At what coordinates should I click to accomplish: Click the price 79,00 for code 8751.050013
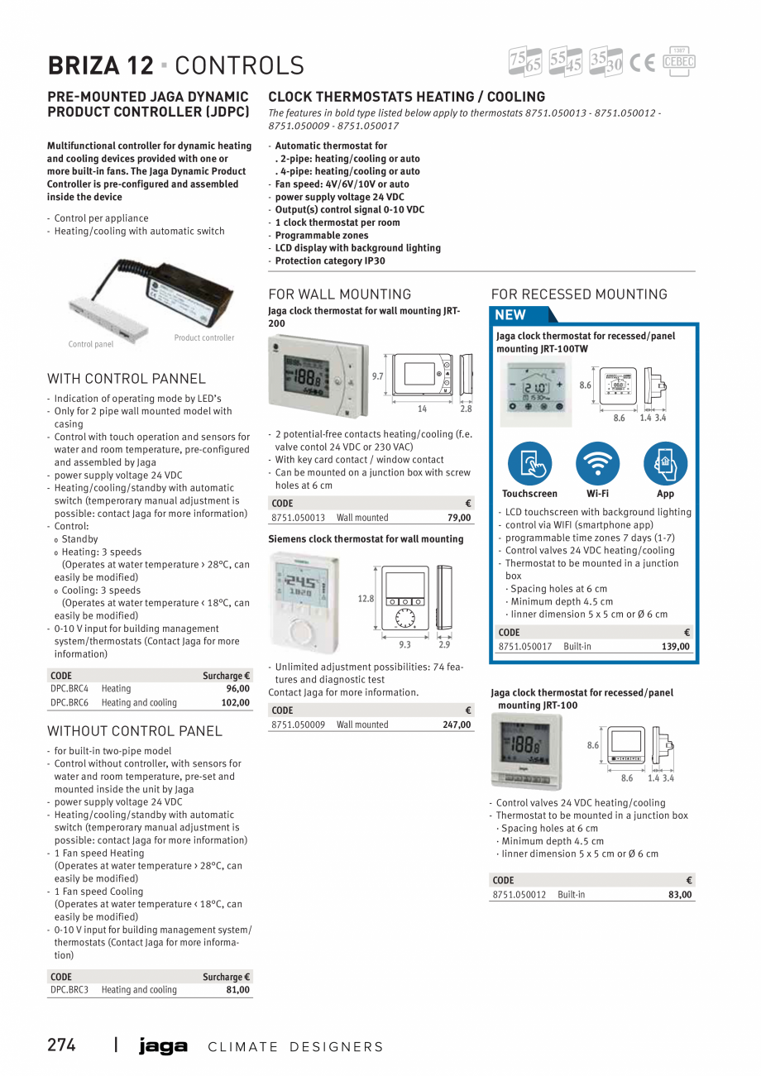458,518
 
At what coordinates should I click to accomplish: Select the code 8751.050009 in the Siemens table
298,725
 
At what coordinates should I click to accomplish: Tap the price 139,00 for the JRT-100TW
676,647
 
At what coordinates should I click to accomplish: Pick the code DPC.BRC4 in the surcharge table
69,688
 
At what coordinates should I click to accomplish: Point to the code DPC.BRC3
69,990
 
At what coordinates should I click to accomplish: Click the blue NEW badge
510,314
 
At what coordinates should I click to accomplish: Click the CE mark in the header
642,63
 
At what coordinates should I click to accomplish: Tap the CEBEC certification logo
678,61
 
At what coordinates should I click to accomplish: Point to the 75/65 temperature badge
525,62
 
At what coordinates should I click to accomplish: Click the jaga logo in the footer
163,1046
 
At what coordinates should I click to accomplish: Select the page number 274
61,1045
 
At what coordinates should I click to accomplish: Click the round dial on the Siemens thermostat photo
300,633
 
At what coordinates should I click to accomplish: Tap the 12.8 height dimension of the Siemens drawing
366,599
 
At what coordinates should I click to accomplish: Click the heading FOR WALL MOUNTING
339,294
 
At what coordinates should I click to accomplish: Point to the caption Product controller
203,337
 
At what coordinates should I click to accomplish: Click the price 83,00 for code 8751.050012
680,895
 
